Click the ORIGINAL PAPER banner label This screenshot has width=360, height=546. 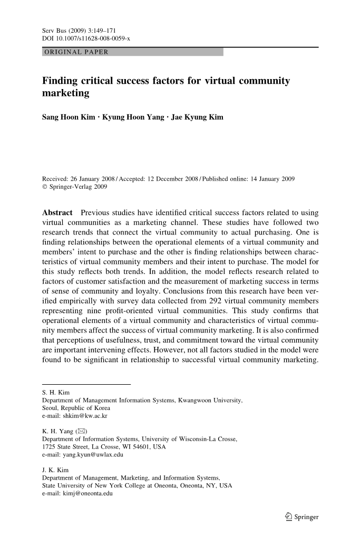pos(76,52)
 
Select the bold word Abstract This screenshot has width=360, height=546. pos(57,213)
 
